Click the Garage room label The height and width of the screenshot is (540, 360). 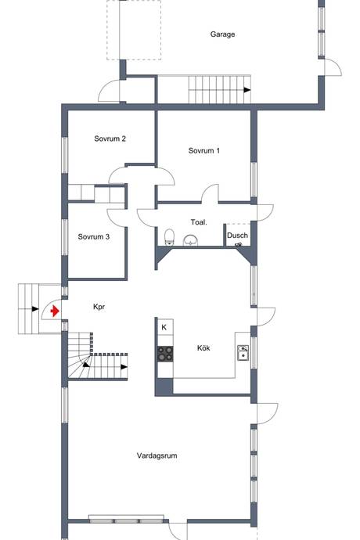pyautogui.click(x=222, y=34)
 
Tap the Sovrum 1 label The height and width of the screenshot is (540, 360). pyautogui.click(x=204, y=151)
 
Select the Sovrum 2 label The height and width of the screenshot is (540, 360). pyautogui.click(x=110, y=139)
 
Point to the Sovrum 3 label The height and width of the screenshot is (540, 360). pyautogui.click(x=93, y=236)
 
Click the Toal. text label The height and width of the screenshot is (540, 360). pyautogui.click(x=199, y=222)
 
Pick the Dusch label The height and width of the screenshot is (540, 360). pyautogui.click(x=237, y=236)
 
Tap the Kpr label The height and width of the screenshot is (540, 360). pyautogui.click(x=99, y=308)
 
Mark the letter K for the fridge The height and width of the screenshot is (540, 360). pyautogui.click(x=164, y=327)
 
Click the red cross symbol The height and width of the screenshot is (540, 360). pyautogui.click(x=54, y=311)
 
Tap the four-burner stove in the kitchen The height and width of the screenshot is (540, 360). pyautogui.click(x=165, y=353)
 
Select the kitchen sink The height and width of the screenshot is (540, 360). pyautogui.click(x=243, y=352)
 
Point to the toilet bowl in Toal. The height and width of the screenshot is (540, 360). pyautogui.click(x=169, y=237)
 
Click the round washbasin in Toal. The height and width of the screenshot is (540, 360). pyautogui.click(x=189, y=240)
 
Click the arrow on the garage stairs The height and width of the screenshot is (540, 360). pyautogui.click(x=247, y=90)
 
